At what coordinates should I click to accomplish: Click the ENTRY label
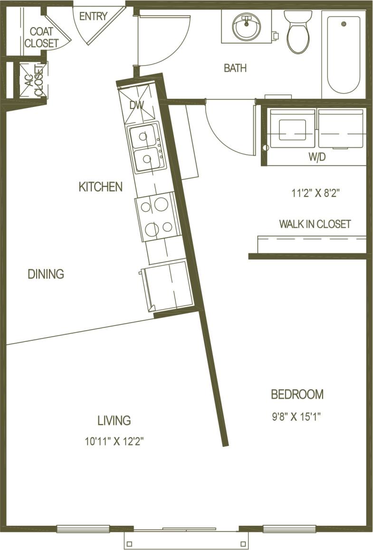pos(93,17)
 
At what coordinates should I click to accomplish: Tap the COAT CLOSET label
pos(41,38)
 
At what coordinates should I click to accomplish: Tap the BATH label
pos(235,68)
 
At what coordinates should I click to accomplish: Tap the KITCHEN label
pos(100,187)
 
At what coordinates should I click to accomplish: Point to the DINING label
pos(46,274)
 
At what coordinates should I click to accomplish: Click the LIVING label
pos(114,421)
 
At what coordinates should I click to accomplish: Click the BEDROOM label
pos(297,395)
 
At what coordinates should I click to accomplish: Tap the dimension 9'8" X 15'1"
pos(297,417)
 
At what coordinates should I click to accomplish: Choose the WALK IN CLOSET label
pos(315,224)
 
